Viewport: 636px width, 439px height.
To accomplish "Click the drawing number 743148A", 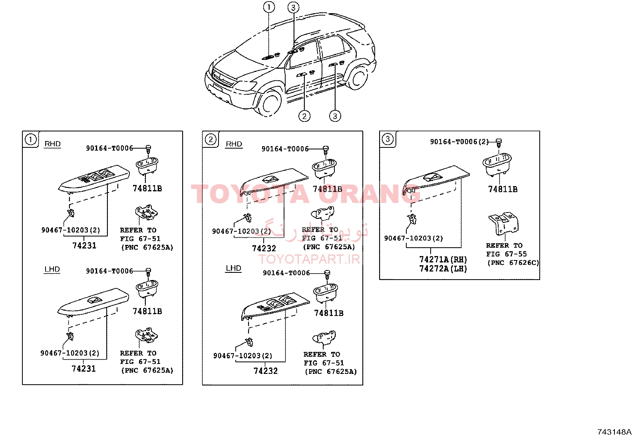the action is click(x=614, y=432).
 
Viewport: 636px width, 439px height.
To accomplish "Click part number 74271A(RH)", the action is click(x=443, y=260).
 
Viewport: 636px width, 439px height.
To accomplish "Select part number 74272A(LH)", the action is click(x=443, y=268).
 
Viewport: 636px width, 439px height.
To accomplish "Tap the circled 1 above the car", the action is click(x=269, y=7).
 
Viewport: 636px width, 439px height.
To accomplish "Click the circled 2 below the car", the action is click(x=304, y=116).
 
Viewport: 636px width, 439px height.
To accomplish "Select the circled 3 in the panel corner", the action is click(x=387, y=139).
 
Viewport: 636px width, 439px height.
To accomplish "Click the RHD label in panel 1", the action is click(x=52, y=144).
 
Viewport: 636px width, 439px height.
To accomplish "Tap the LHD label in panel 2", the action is click(x=233, y=268).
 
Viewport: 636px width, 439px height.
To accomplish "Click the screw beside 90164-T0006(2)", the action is click(x=499, y=143).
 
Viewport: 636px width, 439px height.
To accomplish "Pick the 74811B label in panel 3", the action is click(x=503, y=189).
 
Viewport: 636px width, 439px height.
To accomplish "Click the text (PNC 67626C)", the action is click(x=513, y=263).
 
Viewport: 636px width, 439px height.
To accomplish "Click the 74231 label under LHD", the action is click(x=83, y=369).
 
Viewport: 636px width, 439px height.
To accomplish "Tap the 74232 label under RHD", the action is click(x=264, y=248).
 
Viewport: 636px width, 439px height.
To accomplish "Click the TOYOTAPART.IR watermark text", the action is click(x=309, y=259).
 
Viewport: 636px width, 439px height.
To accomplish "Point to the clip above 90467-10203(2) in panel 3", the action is click(x=412, y=219).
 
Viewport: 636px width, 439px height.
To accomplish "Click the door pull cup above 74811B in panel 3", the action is click(x=497, y=165).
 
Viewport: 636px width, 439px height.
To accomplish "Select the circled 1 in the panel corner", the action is click(x=30, y=139).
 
